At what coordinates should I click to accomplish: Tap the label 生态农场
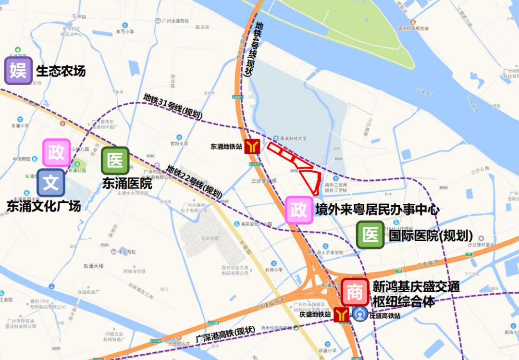(61, 71)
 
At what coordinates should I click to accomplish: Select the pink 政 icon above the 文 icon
(57, 153)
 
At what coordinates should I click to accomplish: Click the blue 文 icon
(51, 183)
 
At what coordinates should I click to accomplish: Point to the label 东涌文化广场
(44, 206)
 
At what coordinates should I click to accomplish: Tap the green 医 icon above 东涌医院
(115, 161)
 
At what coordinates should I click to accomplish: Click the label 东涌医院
(127, 183)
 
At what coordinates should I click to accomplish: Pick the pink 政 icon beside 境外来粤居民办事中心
(299, 210)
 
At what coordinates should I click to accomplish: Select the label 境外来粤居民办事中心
(377, 210)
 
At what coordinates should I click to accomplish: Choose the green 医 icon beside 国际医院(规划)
(371, 235)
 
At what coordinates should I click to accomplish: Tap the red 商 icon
(355, 292)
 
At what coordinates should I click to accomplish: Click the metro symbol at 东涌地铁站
(252, 147)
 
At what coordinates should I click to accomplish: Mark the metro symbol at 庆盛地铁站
(342, 315)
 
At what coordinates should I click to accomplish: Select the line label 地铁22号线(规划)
(194, 182)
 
